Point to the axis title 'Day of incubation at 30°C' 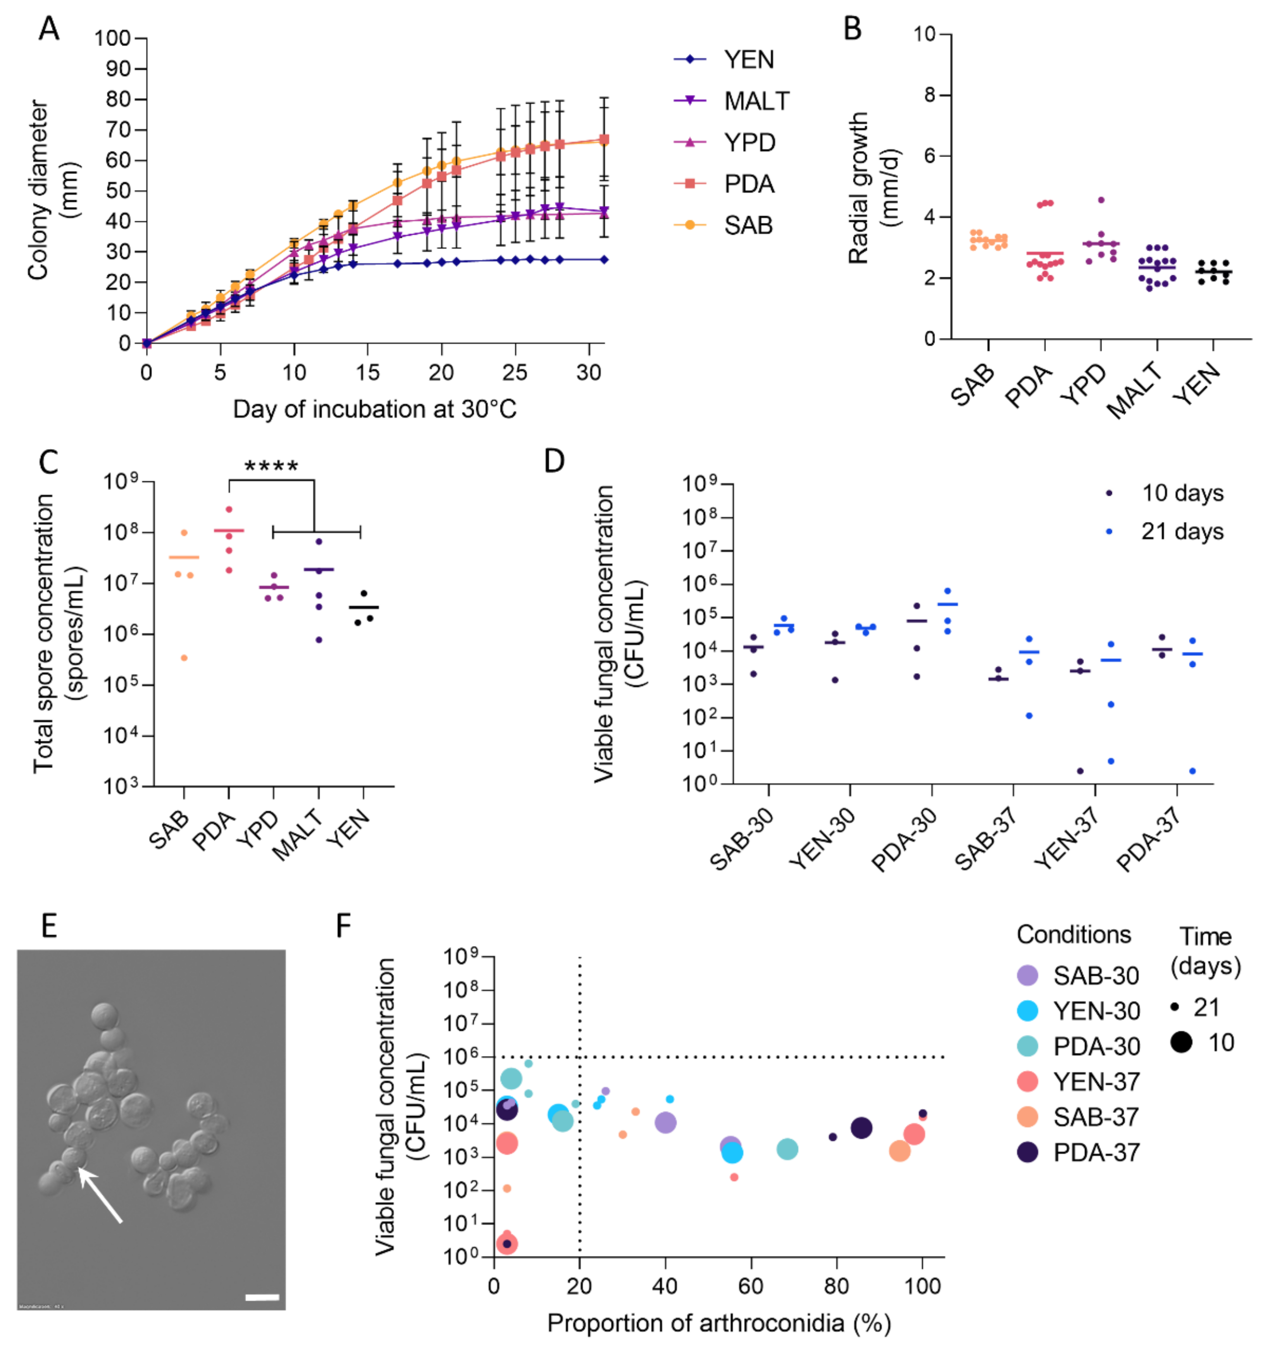pyautogui.click(x=374, y=410)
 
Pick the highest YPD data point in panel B pyautogui.click(x=1101, y=200)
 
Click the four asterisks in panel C pyautogui.click(x=271, y=467)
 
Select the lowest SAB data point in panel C pyautogui.click(x=184, y=657)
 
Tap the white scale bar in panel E pyautogui.click(x=262, y=1297)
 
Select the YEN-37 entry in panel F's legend pyautogui.click(x=1096, y=1082)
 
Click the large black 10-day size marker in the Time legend pyautogui.click(x=1180, y=1042)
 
